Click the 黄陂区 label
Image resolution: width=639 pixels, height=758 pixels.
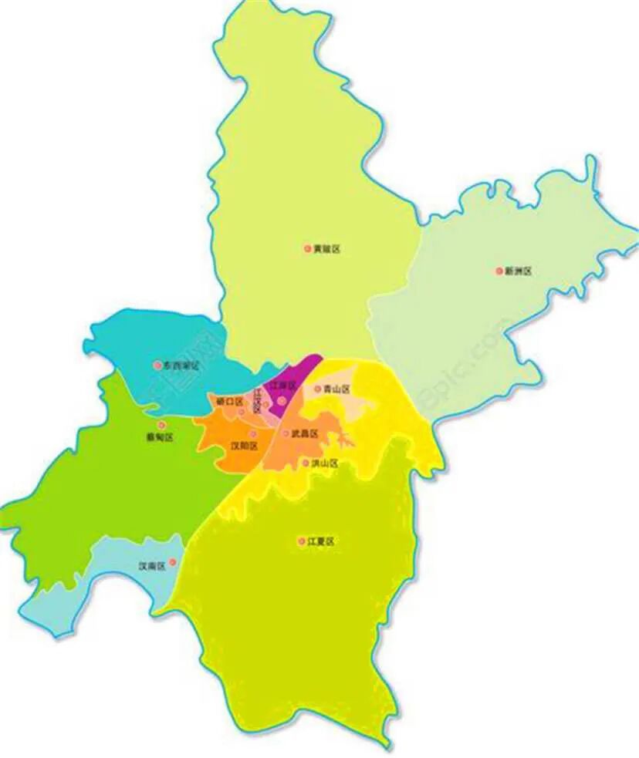(x=327, y=249)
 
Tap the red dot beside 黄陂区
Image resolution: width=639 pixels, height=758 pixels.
(x=307, y=248)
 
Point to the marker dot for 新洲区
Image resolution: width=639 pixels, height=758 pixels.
(x=499, y=271)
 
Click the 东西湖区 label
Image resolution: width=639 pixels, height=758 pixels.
(x=182, y=365)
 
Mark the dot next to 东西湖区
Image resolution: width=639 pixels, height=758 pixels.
(x=158, y=365)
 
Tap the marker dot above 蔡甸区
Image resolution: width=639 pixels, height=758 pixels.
(x=161, y=425)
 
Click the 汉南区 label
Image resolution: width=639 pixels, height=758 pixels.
(x=152, y=565)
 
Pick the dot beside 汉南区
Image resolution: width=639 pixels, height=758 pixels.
(x=173, y=562)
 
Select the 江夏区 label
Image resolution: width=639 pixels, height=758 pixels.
(x=321, y=541)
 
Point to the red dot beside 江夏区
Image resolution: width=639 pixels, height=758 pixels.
(x=301, y=541)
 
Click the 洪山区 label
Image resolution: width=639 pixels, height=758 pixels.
(x=325, y=463)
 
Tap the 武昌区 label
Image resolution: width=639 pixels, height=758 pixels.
(x=305, y=434)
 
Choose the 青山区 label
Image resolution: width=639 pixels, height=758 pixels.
(x=337, y=389)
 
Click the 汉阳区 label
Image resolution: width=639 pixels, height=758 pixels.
(x=245, y=446)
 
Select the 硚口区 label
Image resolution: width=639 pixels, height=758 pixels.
(x=230, y=401)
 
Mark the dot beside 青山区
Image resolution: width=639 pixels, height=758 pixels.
(x=317, y=389)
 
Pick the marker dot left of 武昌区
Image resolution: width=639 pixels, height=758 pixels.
(x=285, y=433)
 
